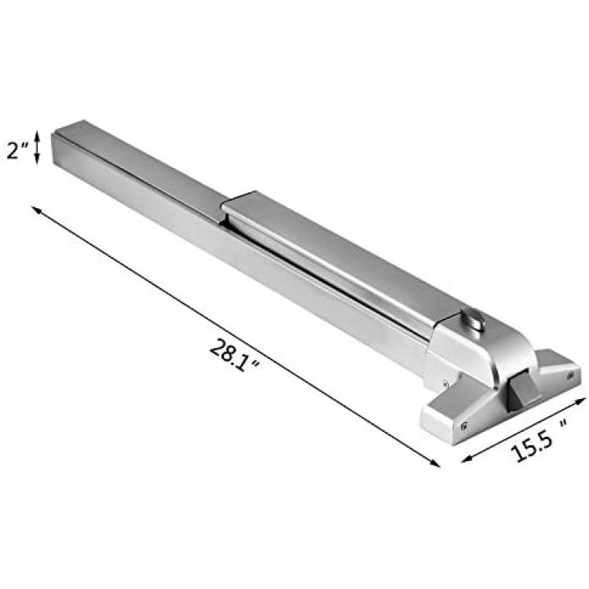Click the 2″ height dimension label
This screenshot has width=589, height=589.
(x=17, y=151)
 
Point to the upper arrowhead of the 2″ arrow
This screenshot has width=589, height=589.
(x=37, y=135)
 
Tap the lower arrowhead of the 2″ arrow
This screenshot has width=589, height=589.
(x=37, y=159)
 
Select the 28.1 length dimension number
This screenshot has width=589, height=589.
(x=229, y=353)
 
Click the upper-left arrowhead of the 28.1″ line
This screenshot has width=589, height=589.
(x=35, y=209)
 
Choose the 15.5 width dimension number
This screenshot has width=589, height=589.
(x=532, y=448)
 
